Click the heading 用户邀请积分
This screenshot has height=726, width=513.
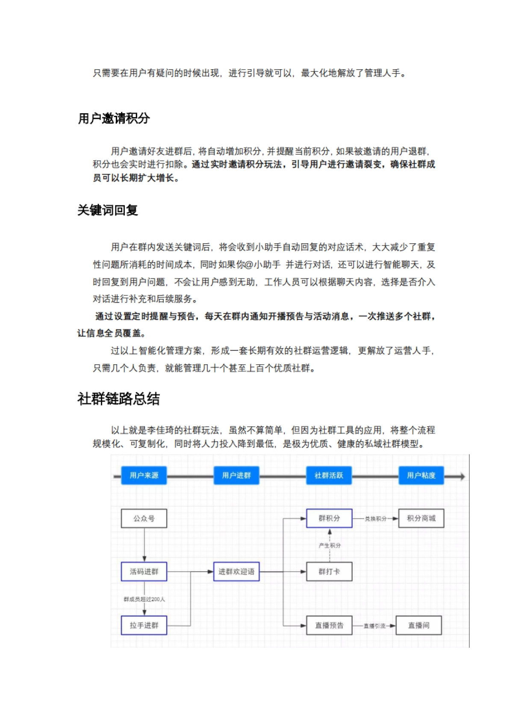[x=114, y=118]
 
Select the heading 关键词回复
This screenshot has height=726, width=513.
[x=108, y=210]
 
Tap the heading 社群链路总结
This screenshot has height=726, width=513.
[x=118, y=399]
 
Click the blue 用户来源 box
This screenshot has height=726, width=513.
[x=144, y=475]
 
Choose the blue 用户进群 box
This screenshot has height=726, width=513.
[x=236, y=475]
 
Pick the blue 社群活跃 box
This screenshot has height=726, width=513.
[x=329, y=475]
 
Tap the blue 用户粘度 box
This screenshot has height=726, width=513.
[x=421, y=475]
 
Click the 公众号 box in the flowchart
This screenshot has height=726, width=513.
[x=144, y=519]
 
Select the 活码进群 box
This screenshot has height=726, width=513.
[x=144, y=572]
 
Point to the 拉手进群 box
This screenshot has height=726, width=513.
[x=144, y=625]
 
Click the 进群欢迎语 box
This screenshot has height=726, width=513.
[x=236, y=572]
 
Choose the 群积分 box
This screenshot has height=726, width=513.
[x=329, y=518]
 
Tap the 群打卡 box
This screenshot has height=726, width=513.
[x=329, y=572]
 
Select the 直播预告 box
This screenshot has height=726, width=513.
[x=329, y=626]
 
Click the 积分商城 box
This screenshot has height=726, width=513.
[x=421, y=518]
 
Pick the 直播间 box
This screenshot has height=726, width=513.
[x=419, y=626]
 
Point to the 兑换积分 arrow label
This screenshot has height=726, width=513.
[x=375, y=519]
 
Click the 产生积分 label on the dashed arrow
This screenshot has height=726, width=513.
[x=330, y=546]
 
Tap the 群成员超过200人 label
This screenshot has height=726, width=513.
[x=144, y=599]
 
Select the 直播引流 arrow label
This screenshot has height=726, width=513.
[x=374, y=626]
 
